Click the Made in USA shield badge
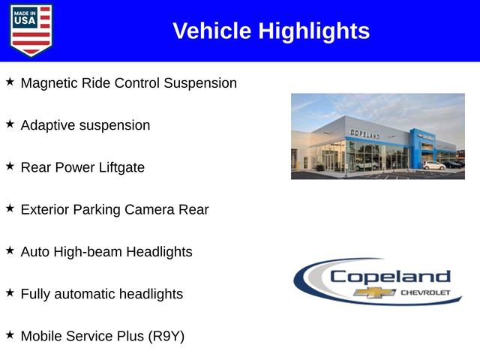[x=31, y=30]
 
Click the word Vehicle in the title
[x=212, y=31]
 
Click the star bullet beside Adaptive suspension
[x=10, y=124]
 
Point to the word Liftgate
[x=121, y=168]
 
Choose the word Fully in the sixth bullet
[x=37, y=295]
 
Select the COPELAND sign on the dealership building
[x=365, y=133]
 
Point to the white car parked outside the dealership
[x=433, y=165]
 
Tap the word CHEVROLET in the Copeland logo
[x=426, y=292]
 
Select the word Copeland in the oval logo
[x=390, y=276]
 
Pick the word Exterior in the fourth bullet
[x=45, y=210]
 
